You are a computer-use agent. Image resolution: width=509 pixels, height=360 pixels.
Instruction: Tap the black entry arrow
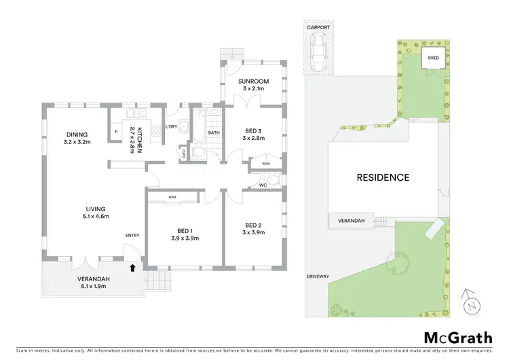(x=133, y=268)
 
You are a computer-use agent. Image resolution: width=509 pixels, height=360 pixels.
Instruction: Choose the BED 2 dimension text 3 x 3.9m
(x=253, y=233)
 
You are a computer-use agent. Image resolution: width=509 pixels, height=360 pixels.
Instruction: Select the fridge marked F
(x=116, y=130)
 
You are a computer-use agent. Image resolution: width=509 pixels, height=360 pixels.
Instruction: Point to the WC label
(x=263, y=185)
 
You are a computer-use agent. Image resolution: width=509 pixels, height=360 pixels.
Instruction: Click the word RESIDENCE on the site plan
(x=383, y=177)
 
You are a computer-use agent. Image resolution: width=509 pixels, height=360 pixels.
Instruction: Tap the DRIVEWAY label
(x=317, y=276)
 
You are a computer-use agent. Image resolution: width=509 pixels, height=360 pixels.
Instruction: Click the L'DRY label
(x=172, y=126)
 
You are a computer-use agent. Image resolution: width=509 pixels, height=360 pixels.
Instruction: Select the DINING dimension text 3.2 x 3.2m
(x=77, y=143)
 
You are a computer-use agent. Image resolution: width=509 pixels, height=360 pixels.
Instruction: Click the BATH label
(x=214, y=133)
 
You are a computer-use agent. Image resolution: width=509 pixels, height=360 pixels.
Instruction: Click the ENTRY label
(x=132, y=236)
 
